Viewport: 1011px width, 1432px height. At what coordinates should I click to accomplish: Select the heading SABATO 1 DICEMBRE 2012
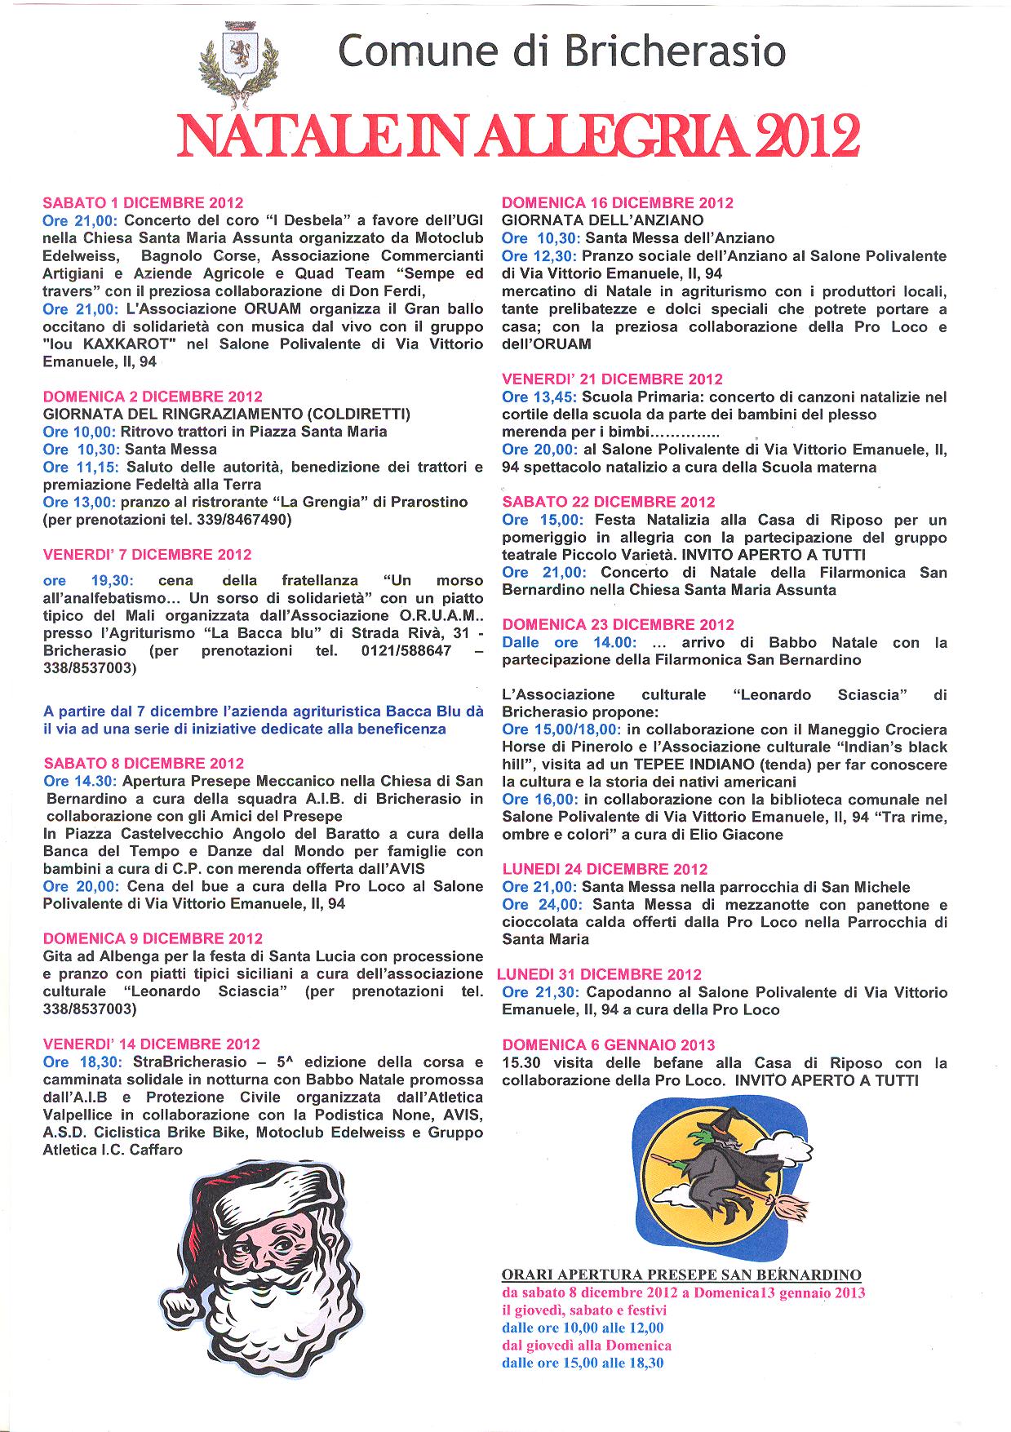pos(143,203)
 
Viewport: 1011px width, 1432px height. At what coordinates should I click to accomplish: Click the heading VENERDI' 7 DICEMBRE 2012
pos(147,555)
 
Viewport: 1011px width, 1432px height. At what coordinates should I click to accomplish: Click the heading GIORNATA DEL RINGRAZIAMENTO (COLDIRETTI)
pos(226,414)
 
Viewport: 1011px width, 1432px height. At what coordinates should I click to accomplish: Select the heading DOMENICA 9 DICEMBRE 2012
pos(153,938)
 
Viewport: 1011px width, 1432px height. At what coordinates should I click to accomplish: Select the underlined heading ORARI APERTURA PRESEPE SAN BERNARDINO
pos(681,1275)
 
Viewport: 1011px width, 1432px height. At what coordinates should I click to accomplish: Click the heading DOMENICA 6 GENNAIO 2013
pos(609,1045)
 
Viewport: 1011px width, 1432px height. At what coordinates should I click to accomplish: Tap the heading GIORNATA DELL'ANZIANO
pos(602,220)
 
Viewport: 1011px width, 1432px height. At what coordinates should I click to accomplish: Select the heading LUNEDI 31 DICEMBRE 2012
pos(599,974)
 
